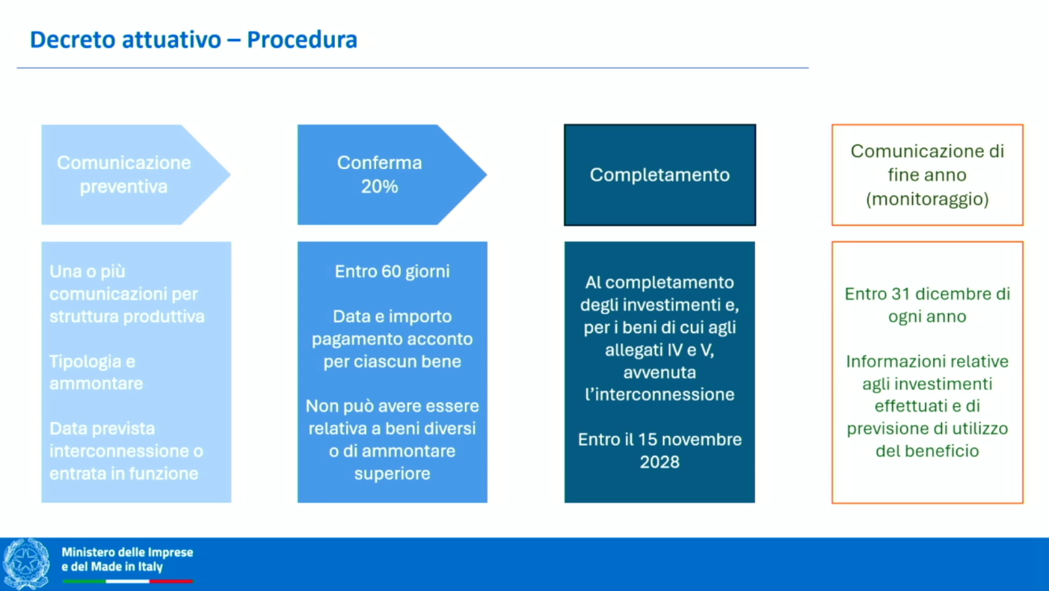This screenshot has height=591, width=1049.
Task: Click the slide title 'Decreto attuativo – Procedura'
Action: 193,40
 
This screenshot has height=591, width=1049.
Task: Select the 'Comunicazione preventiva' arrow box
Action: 124,174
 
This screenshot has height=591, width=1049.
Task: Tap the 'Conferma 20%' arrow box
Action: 380,174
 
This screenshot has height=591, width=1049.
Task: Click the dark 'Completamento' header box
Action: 659,175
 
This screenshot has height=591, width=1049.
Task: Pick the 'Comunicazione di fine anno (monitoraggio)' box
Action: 927,175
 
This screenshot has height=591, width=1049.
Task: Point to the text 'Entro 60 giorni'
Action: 392,272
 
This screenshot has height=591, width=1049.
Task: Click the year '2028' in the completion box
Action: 659,462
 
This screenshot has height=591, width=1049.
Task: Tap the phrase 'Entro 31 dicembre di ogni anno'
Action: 927,305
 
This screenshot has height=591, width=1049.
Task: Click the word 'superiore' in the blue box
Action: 392,474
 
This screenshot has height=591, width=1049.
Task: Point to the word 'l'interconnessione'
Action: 659,394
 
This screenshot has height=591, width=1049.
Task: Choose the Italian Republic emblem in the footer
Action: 27,563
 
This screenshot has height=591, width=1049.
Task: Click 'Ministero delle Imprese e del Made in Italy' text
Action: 127,559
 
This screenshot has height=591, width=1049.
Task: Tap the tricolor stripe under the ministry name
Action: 127,581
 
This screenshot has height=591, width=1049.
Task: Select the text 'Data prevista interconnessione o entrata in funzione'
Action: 126,451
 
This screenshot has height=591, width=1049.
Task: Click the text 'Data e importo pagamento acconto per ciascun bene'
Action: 392,339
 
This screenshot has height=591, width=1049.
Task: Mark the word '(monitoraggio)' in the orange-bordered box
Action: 927,200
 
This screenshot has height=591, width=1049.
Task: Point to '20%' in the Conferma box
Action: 380,187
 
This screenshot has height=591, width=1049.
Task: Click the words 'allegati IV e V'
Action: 659,350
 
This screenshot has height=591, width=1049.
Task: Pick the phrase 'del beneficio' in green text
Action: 927,451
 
